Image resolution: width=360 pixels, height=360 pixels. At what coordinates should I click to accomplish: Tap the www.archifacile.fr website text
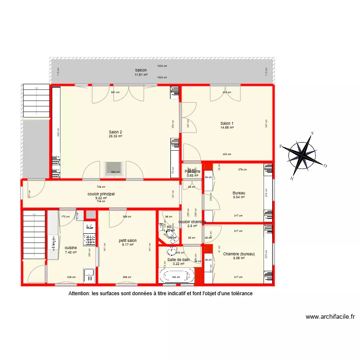330,317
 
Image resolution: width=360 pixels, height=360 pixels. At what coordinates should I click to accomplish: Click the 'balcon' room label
141,70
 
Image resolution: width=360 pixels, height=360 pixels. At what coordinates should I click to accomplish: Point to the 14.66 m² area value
227,128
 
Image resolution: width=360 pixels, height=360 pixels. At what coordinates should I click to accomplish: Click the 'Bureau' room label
239,193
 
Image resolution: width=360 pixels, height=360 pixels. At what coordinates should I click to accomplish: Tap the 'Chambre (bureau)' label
239,254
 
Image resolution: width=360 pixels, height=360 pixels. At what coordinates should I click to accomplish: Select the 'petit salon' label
128,240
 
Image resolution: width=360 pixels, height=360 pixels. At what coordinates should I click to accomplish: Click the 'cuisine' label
71,248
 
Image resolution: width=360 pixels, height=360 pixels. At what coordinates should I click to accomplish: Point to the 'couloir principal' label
101,194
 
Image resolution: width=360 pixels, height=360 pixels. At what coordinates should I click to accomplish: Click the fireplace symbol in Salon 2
115,168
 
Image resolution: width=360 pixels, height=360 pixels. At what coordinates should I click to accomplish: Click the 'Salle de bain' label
178,260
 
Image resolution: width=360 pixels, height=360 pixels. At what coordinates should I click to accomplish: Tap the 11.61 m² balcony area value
141,74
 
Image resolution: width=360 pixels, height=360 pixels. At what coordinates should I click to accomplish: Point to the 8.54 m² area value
239,197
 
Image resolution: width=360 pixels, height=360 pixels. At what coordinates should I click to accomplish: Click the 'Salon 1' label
227,123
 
